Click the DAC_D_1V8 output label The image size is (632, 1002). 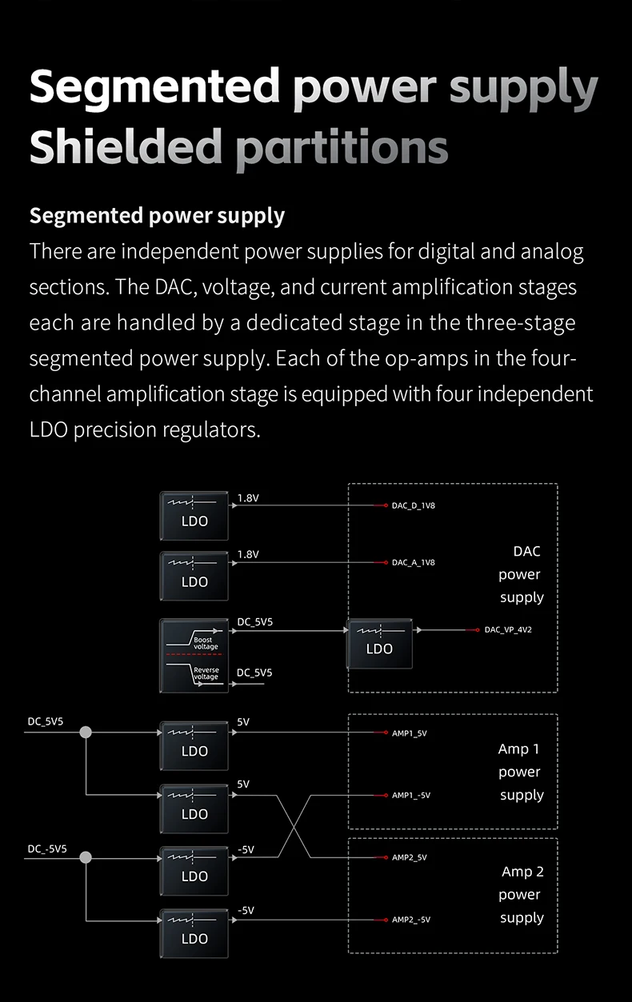[x=413, y=505]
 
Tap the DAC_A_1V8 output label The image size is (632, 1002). [x=413, y=562]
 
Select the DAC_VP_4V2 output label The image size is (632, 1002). [x=507, y=629]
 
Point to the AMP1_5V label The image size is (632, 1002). [x=409, y=733]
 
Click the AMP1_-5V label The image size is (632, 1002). [x=410, y=795]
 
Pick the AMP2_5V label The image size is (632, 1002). [x=409, y=857]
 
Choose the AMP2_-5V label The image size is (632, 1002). [x=410, y=920]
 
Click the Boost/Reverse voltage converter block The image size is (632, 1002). [x=194, y=655]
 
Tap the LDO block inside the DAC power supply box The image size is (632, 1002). [x=379, y=643]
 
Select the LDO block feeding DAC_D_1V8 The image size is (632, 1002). [x=194, y=515]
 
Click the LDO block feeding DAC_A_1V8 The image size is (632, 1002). [x=194, y=576]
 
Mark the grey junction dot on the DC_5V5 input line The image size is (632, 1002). [x=86, y=732]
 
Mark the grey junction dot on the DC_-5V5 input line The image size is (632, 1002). [x=86, y=857]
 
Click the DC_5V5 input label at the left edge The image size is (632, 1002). [x=46, y=721]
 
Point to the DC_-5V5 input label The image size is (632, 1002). [x=47, y=848]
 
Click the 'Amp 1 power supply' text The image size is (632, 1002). [x=520, y=772]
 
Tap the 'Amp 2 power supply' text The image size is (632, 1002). [x=521, y=895]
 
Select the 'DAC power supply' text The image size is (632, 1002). [x=521, y=574]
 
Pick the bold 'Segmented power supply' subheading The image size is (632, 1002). [x=157, y=216]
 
